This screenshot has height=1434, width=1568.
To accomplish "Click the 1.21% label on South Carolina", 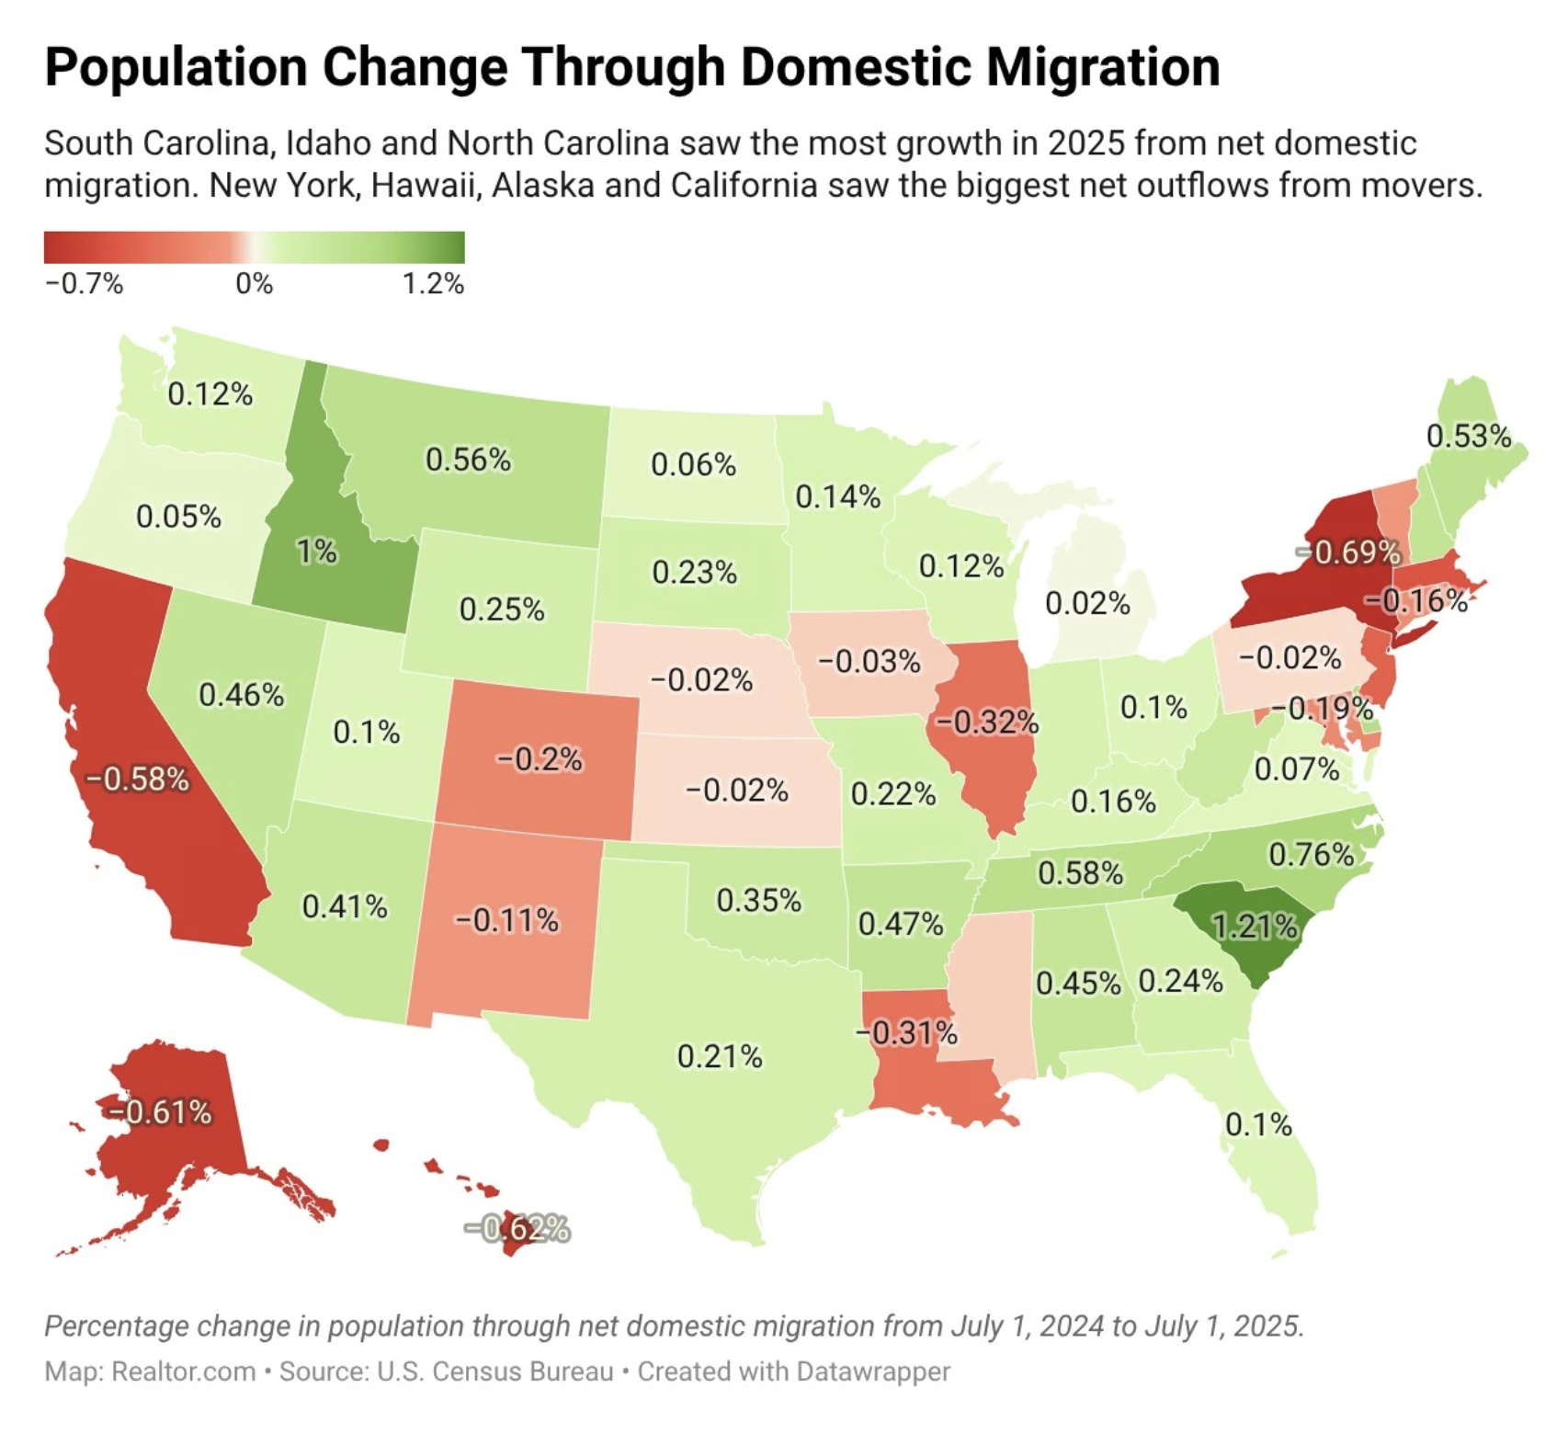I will click(x=1255, y=926).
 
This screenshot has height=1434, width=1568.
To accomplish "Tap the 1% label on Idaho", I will click(x=317, y=552).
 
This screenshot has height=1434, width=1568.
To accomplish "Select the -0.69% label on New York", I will click(x=1349, y=552).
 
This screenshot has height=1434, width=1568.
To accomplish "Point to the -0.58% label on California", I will click(x=138, y=780).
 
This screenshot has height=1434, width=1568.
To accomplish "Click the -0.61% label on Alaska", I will click(x=161, y=1112).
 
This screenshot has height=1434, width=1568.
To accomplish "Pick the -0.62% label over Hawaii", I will click(x=517, y=1228).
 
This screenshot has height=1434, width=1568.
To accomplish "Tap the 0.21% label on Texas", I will click(x=720, y=1056).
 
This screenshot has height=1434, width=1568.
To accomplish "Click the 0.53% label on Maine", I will click(x=1468, y=436).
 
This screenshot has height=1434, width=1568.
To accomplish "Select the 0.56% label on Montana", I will click(x=468, y=459).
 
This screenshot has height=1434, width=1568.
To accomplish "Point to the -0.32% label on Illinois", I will click(x=987, y=723).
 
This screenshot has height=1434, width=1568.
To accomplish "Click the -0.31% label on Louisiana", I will click(x=907, y=1033).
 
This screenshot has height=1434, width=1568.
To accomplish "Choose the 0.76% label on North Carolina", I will click(x=1312, y=855).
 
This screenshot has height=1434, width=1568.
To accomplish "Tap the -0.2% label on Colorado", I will click(x=540, y=759).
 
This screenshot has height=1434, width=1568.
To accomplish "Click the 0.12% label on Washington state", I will click(x=210, y=394).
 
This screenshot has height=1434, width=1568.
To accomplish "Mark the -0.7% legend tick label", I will click(x=84, y=283).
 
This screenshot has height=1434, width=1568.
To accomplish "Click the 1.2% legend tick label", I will click(x=432, y=283).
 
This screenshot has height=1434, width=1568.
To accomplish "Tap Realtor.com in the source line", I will click(x=183, y=1371).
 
